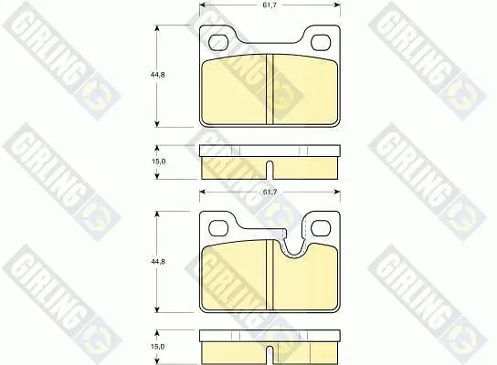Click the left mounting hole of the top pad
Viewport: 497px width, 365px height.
coord(218,42)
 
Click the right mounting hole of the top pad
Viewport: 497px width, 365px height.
coord(321,42)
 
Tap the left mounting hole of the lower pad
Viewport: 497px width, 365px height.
coord(218,228)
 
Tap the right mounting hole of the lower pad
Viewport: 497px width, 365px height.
coord(321,228)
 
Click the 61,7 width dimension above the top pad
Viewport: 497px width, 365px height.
coord(270,5)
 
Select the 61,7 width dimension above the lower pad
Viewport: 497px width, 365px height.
coord(270,192)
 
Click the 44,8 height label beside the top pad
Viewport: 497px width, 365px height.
coord(157,75)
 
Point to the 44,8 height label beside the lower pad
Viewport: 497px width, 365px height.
coord(157,262)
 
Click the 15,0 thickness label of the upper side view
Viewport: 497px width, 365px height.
coord(158,162)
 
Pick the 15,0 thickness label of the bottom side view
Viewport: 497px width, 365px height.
coord(157,347)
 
